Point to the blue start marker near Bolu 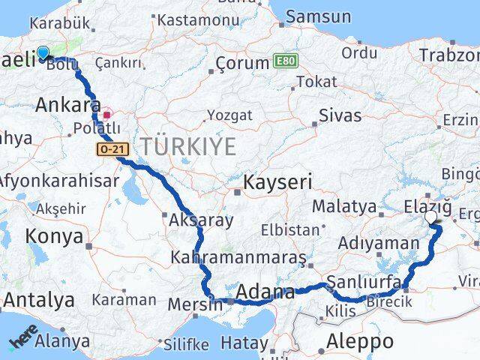point(43,53)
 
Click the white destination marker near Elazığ point(431,217)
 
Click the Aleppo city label point(360,341)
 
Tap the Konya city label point(54,237)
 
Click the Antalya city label point(38,301)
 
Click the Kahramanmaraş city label point(238,258)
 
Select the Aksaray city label point(201,220)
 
